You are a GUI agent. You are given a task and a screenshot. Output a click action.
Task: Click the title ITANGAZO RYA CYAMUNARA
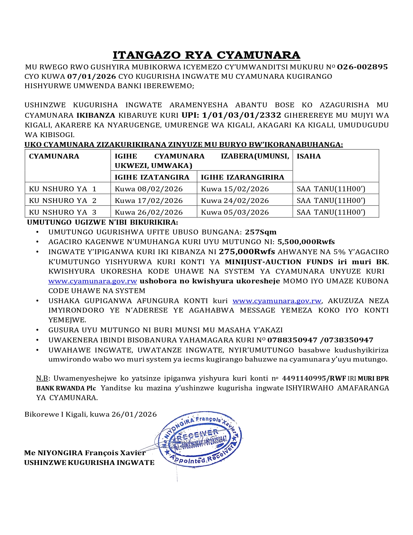206,55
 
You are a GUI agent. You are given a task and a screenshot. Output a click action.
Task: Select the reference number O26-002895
362,67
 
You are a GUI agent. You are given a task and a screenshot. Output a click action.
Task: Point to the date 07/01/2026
92,77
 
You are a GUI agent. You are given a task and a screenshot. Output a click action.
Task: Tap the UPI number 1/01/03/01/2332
242,115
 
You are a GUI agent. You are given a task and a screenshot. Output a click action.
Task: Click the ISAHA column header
309,156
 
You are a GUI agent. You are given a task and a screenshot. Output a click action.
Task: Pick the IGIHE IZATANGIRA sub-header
152,177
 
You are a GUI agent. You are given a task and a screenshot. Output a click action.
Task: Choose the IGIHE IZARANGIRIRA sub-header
242,177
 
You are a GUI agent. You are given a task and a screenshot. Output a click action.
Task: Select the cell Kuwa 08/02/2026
149,189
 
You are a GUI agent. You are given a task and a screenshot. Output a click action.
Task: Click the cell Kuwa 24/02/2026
235,201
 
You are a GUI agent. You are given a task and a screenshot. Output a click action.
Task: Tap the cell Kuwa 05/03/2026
235,212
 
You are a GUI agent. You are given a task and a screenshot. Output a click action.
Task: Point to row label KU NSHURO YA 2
63,201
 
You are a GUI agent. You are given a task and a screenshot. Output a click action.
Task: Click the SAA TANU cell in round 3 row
331,212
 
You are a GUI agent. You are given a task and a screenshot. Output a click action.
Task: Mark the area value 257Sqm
261,232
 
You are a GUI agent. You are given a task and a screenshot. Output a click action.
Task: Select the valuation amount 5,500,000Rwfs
306,242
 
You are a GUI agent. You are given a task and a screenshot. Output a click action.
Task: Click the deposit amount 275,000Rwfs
247,252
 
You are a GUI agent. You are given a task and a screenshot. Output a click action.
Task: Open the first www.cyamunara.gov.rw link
93,281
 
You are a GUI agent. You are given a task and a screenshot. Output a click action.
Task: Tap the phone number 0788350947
292,340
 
